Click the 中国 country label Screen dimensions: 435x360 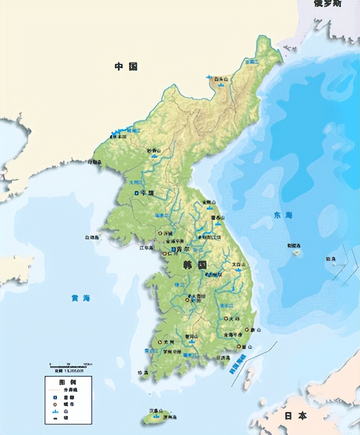(x=125, y=66)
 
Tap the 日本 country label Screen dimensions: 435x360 (x=295, y=415)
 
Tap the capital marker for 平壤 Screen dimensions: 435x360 (x=137, y=192)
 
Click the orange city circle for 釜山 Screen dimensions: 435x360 (x=244, y=346)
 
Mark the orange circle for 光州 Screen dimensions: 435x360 (x=160, y=342)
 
